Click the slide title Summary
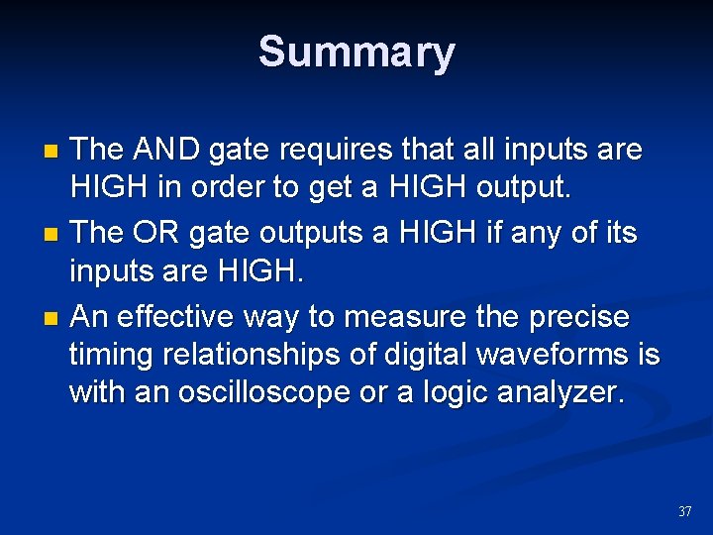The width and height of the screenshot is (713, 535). pos(356,52)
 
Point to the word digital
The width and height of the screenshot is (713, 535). pos(434,354)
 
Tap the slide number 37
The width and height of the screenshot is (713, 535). pos(684,512)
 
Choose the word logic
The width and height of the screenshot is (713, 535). pos(465,393)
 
